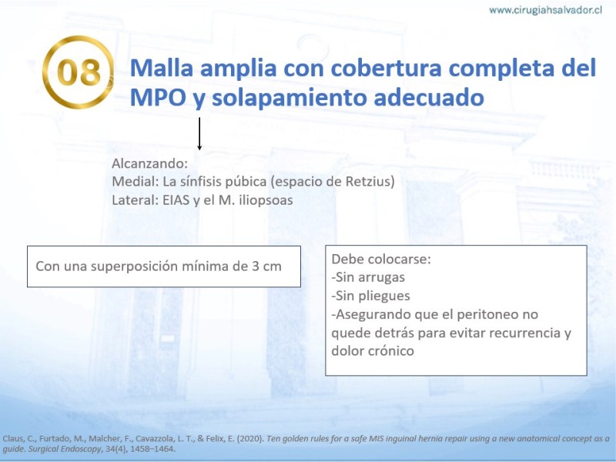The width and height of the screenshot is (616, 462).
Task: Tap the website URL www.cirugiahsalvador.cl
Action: tap(545, 11)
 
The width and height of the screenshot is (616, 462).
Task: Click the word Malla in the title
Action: tap(162, 68)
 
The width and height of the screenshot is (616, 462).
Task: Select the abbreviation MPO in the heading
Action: tap(158, 97)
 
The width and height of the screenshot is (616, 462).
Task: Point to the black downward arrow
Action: tap(199, 133)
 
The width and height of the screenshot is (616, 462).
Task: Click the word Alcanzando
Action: tap(149, 163)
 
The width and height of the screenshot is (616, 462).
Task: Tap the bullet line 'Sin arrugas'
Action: tap(368, 277)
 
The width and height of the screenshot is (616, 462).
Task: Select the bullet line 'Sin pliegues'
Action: tap(370, 296)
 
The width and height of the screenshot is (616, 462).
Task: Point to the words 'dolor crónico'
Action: tap(373, 350)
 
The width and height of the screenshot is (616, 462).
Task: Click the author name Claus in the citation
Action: tap(14, 439)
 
